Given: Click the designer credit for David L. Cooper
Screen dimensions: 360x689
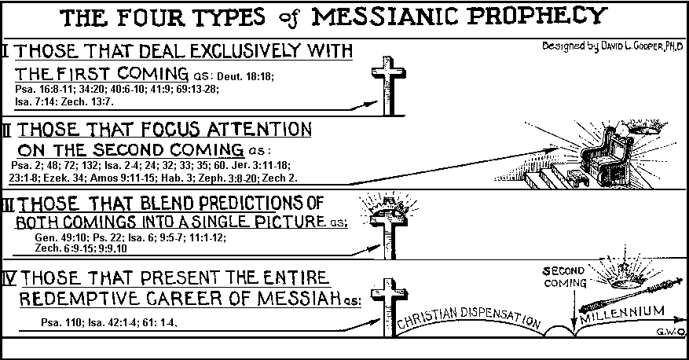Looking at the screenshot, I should coord(615,47).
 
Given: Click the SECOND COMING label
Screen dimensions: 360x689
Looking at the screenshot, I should coord(565,277).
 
